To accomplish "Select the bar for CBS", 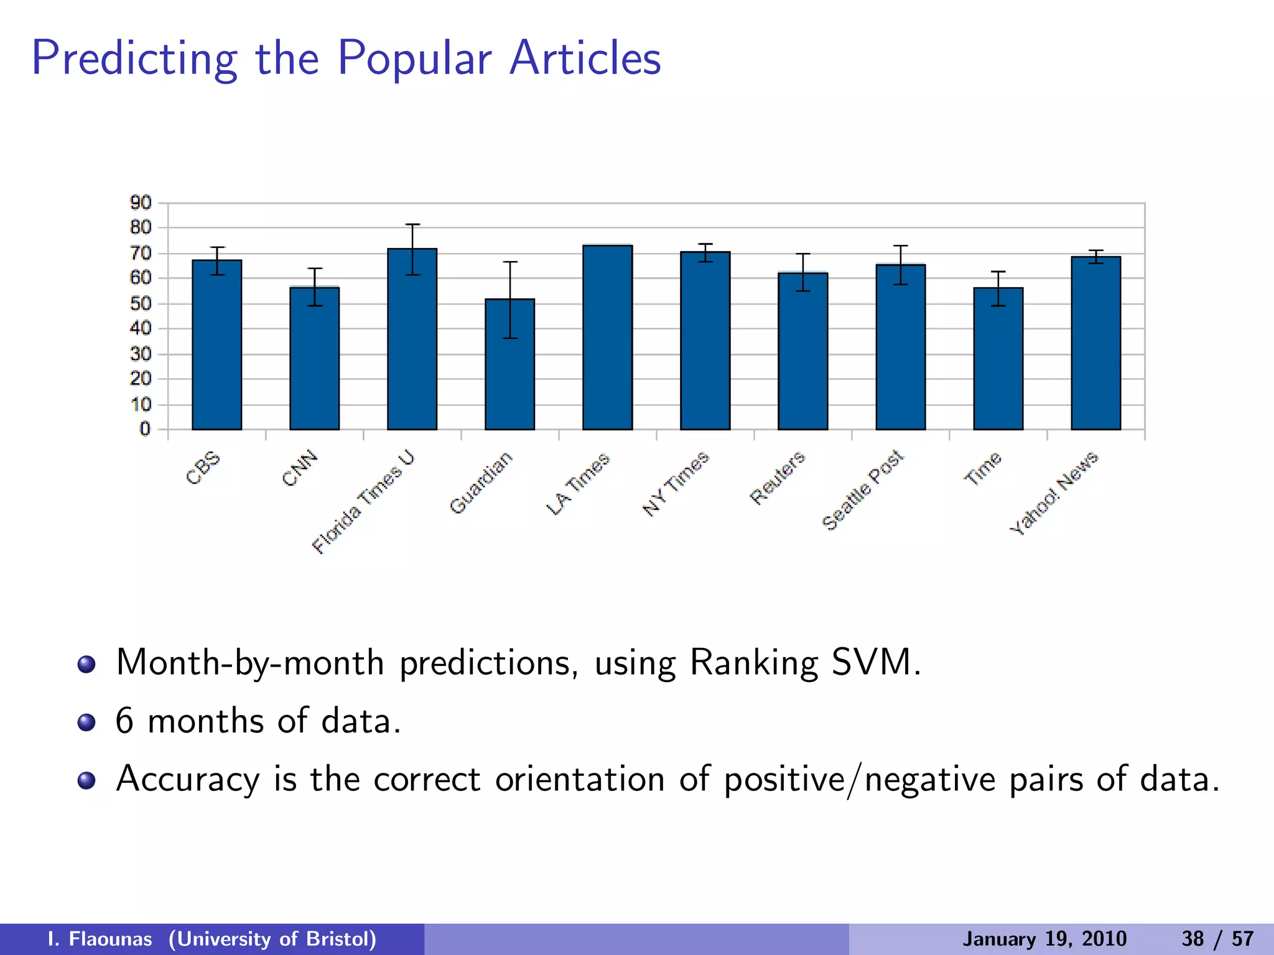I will pyautogui.click(x=216, y=345).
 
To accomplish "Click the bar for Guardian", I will pyautogui.click(x=509, y=364).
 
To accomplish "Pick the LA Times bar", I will pyautogui.click(x=607, y=338).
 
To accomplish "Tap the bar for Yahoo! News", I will pyautogui.click(x=1095, y=343).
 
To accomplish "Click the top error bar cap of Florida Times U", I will pyautogui.click(x=412, y=224).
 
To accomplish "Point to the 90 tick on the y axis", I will pyautogui.click(x=141, y=203).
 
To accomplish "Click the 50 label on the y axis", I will pyautogui.click(x=141, y=304).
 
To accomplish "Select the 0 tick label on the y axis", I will pyautogui.click(x=145, y=429).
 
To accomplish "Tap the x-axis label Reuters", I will pyautogui.click(x=778, y=477).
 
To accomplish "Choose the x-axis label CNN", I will pyautogui.click(x=300, y=468).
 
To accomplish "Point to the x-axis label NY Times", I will pyautogui.click(x=676, y=484).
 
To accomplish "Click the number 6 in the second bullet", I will pyautogui.click(x=124, y=721).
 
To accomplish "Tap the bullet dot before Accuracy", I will pyautogui.click(x=86, y=780).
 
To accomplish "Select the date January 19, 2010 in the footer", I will pyautogui.click(x=1044, y=939).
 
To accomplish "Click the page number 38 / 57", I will pyautogui.click(x=1217, y=939).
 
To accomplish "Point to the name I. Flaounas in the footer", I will pyautogui.click(x=100, y=939).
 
